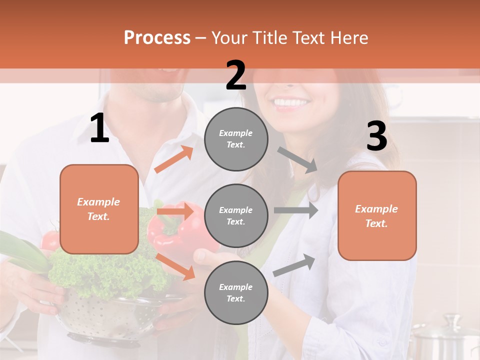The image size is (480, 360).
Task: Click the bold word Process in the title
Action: pos(157,38)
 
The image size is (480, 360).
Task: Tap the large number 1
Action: pos(99,128)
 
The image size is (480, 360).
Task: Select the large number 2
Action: pos(236,75)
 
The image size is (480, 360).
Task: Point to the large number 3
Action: pos(376,136)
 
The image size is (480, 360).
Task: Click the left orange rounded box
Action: pos(99,209)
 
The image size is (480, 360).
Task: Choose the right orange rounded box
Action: pos(377,215)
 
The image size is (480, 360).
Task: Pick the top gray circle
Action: pos(236,138)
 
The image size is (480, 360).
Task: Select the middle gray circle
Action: pos(236,215)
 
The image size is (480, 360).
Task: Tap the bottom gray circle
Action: pos(236,292)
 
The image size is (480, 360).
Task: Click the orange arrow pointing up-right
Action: pos(174,159)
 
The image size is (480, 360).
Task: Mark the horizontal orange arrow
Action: pos(175,211)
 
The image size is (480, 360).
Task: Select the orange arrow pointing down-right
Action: pos(175,266)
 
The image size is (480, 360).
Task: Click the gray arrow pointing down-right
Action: pos(297,159)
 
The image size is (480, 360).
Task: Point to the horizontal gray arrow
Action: pos(295,210)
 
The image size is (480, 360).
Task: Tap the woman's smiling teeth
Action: pos(291,103)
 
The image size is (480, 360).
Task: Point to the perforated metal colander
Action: pos(110,315)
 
